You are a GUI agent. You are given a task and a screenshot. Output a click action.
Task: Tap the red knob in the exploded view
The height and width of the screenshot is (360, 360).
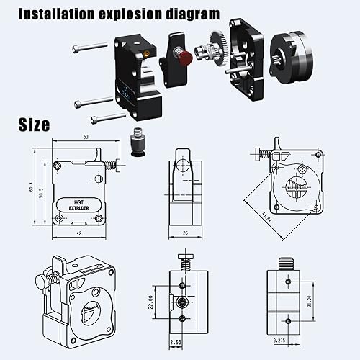pos(186,56)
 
